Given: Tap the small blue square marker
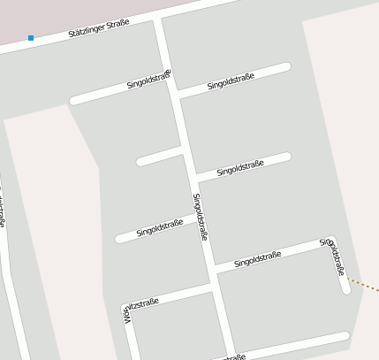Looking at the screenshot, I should pos(31,38).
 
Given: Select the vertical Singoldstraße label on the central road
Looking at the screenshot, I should pos(200,218).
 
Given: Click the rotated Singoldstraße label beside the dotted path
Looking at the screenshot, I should pos(332,257).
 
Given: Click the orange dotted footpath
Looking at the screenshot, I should pos(363,284).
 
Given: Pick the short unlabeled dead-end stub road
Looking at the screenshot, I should pos(158,157).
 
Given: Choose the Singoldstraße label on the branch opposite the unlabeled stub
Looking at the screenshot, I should pos(240,167).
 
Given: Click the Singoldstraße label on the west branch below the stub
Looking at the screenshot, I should pos(160,228).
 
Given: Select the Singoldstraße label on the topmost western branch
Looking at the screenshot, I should pos(148,80).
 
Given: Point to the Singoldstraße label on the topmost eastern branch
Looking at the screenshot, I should pos(231,82).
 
